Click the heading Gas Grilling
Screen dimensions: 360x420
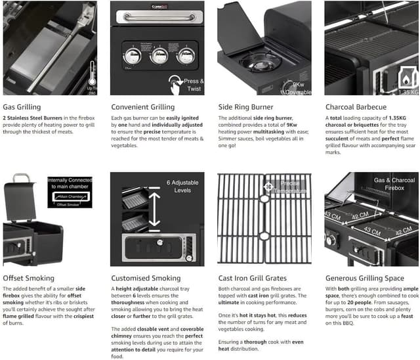(22, 106)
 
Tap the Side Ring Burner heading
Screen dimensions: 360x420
(245, 106)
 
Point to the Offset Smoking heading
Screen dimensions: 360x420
(28, 278)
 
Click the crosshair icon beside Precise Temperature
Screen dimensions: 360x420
(268, 187)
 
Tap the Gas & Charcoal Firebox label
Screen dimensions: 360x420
(394, 184)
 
